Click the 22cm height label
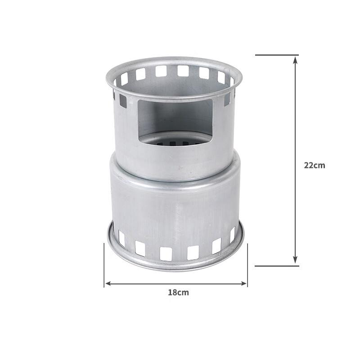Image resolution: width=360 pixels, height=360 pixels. point(314,165)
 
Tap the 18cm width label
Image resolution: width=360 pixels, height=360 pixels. point(179,292)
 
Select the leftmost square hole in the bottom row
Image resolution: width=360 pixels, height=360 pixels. point(121,238)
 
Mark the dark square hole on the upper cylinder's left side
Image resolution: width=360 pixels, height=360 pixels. point(123,101)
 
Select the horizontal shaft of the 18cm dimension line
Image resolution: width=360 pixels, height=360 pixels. point(175,283)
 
